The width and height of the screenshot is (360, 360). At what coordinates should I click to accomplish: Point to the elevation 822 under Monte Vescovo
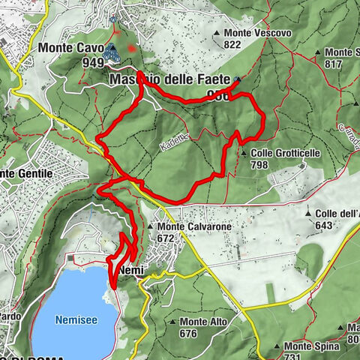point(232,45)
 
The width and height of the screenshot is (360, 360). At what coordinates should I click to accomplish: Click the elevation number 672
point(166,238)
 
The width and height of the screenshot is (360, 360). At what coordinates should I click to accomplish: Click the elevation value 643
point(323,225)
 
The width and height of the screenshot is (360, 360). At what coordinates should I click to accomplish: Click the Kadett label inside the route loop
point(172,148)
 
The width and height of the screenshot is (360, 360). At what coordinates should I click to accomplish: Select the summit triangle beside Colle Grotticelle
point(244,154)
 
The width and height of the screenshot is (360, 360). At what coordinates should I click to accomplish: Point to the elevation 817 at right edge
point(348,64)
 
